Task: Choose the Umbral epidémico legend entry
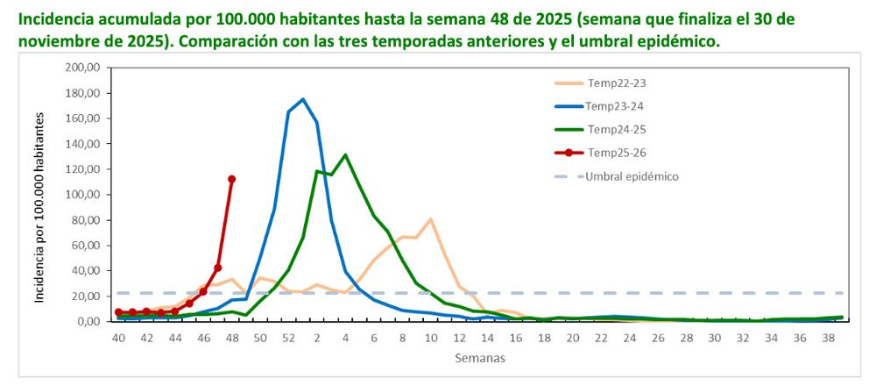tap(632, 175)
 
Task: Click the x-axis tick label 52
tap(288, 338)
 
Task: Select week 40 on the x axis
tap(118, 338)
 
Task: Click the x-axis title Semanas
tap(479, 358)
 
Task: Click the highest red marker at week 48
tap(231, 179)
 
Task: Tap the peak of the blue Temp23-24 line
tap(302, 99)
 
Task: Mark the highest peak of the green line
tap(345, 154)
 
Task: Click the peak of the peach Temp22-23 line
tap(430, 218)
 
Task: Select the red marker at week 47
tap(217, 268)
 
